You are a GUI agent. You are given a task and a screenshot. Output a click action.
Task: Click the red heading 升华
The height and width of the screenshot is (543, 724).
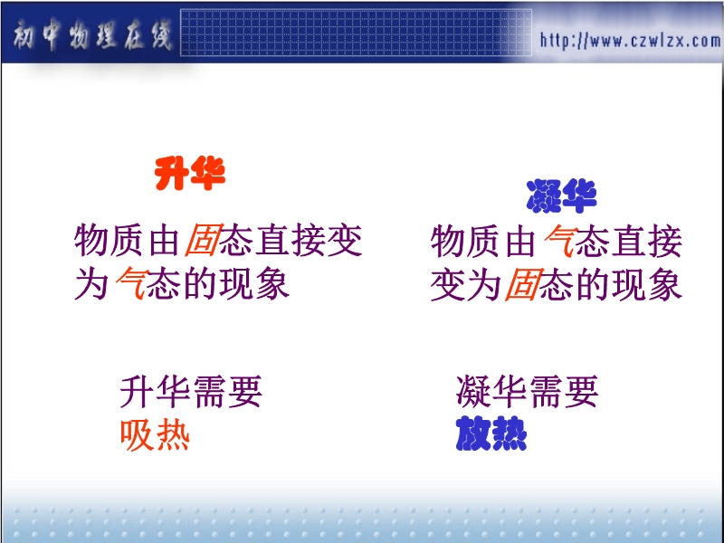click(x=190, y=173)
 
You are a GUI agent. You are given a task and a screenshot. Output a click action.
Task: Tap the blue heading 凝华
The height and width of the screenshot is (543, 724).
click(x=561, y=195)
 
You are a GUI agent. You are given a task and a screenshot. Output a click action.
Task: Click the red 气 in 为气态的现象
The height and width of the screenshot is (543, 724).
click(x=131, y=283)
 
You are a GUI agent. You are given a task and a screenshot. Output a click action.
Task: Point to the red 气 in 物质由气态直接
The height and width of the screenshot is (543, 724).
click(x=560, y=240)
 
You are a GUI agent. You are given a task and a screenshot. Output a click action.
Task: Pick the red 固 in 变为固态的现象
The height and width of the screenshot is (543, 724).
click(x=522, y=283)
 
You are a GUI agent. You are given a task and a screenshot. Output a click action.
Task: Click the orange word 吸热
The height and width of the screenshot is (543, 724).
click(x=155, y=435)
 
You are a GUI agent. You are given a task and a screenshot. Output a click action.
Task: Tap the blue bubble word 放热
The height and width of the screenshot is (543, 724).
click(x=491, y=433)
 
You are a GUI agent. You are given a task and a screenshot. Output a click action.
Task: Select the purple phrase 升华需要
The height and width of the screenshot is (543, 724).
click(x=191, y=392)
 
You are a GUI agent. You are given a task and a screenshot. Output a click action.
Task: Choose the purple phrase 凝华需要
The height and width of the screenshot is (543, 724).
click(x=528, y=392)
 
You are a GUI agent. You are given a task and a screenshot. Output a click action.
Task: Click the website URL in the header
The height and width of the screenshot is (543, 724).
click(x=630, y=41)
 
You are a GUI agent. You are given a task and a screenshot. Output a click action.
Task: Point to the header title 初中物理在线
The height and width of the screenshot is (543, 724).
click(x=92, y=35)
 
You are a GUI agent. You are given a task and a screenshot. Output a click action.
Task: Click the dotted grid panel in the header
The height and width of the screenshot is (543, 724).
click(x=356, y=33)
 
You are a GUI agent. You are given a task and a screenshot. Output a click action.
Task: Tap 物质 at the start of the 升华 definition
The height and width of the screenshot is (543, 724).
click(x=108, y=240)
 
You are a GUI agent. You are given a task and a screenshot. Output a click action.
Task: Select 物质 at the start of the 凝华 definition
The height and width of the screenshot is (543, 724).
click(x=465, y=240)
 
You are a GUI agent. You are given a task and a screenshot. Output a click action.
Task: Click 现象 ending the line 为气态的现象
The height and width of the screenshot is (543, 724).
click(x=255, y=283)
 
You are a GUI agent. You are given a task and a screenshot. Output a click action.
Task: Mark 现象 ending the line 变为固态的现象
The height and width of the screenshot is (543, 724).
click(x=647, y=283)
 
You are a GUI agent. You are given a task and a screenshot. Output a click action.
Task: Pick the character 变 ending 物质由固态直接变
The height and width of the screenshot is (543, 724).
click(x=344, y=240)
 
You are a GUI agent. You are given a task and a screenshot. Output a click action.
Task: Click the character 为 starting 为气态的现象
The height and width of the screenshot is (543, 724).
click(x=91, y=283)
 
